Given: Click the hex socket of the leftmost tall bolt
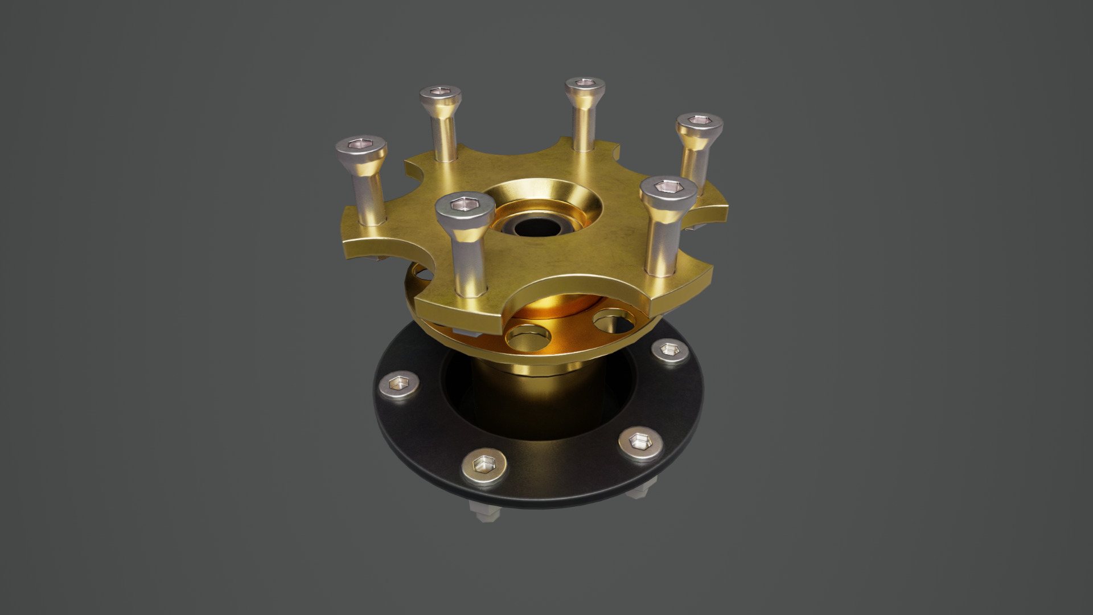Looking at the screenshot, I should tap(361, 145).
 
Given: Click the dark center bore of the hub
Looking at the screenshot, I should tap(535, 227).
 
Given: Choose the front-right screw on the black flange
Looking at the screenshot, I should tap(641, 443).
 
